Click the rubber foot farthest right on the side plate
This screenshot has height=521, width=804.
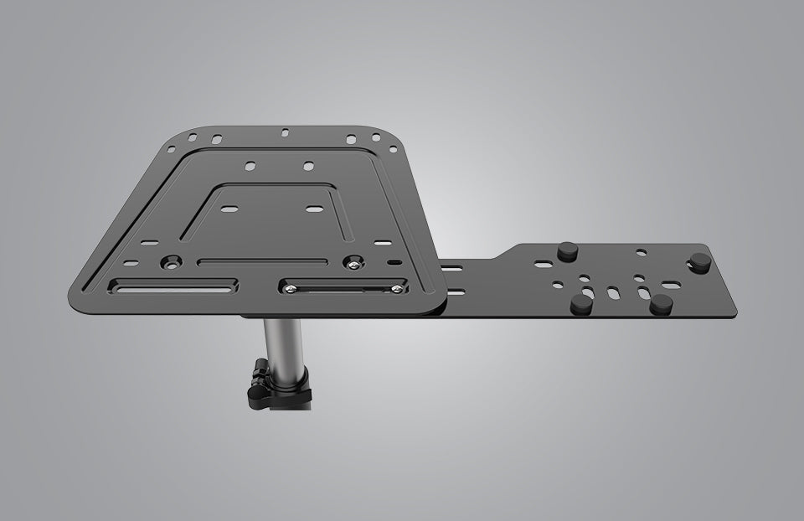(699, 265)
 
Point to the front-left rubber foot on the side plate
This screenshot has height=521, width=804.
(580, 305)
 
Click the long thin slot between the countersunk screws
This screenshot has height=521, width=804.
(264, 262)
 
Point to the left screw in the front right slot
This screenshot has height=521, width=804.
(290, 289)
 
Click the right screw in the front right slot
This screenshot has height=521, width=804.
(397, 290)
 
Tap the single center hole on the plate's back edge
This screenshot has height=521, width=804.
(286, 132)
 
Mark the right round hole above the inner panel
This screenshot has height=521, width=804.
(308, 166)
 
